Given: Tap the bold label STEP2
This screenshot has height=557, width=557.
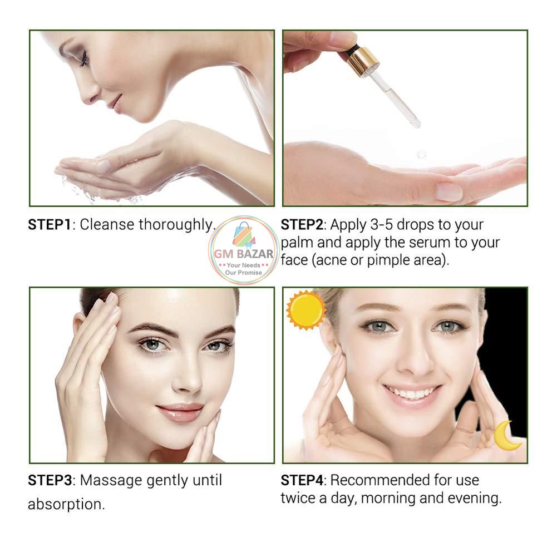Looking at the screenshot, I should (x=302, y=225).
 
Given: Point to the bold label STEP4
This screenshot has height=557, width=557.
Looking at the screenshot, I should (x=302, y=480).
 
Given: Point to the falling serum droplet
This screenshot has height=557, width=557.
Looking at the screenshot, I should (x=421, y=153).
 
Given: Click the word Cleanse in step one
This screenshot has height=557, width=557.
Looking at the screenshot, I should (x=108, y=225).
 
